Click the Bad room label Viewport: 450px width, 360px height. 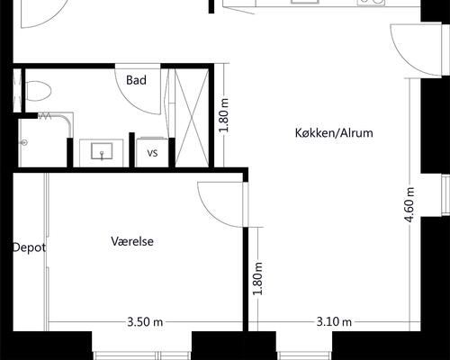(136, 80)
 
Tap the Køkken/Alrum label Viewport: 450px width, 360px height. (334, 133)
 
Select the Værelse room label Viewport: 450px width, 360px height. (132, 241)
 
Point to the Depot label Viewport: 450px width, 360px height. (29, 247)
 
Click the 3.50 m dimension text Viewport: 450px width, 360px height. (145, 322)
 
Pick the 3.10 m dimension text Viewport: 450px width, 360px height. (334, 322)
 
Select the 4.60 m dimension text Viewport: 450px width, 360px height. (409, 205)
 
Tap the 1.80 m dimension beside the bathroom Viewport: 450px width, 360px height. (224, 115)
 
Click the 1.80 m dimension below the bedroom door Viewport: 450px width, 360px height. (257, 278)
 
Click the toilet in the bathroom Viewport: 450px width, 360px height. (38, 91)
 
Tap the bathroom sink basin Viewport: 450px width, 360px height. (102, 151)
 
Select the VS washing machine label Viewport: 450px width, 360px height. (152, 153)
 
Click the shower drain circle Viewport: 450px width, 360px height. (24, 143)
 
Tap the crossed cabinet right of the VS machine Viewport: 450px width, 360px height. (192, 118)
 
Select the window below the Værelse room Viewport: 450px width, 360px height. (142, 355)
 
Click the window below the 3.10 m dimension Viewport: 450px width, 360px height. (304, 355)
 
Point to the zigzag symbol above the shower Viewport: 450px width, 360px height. (45, 116)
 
